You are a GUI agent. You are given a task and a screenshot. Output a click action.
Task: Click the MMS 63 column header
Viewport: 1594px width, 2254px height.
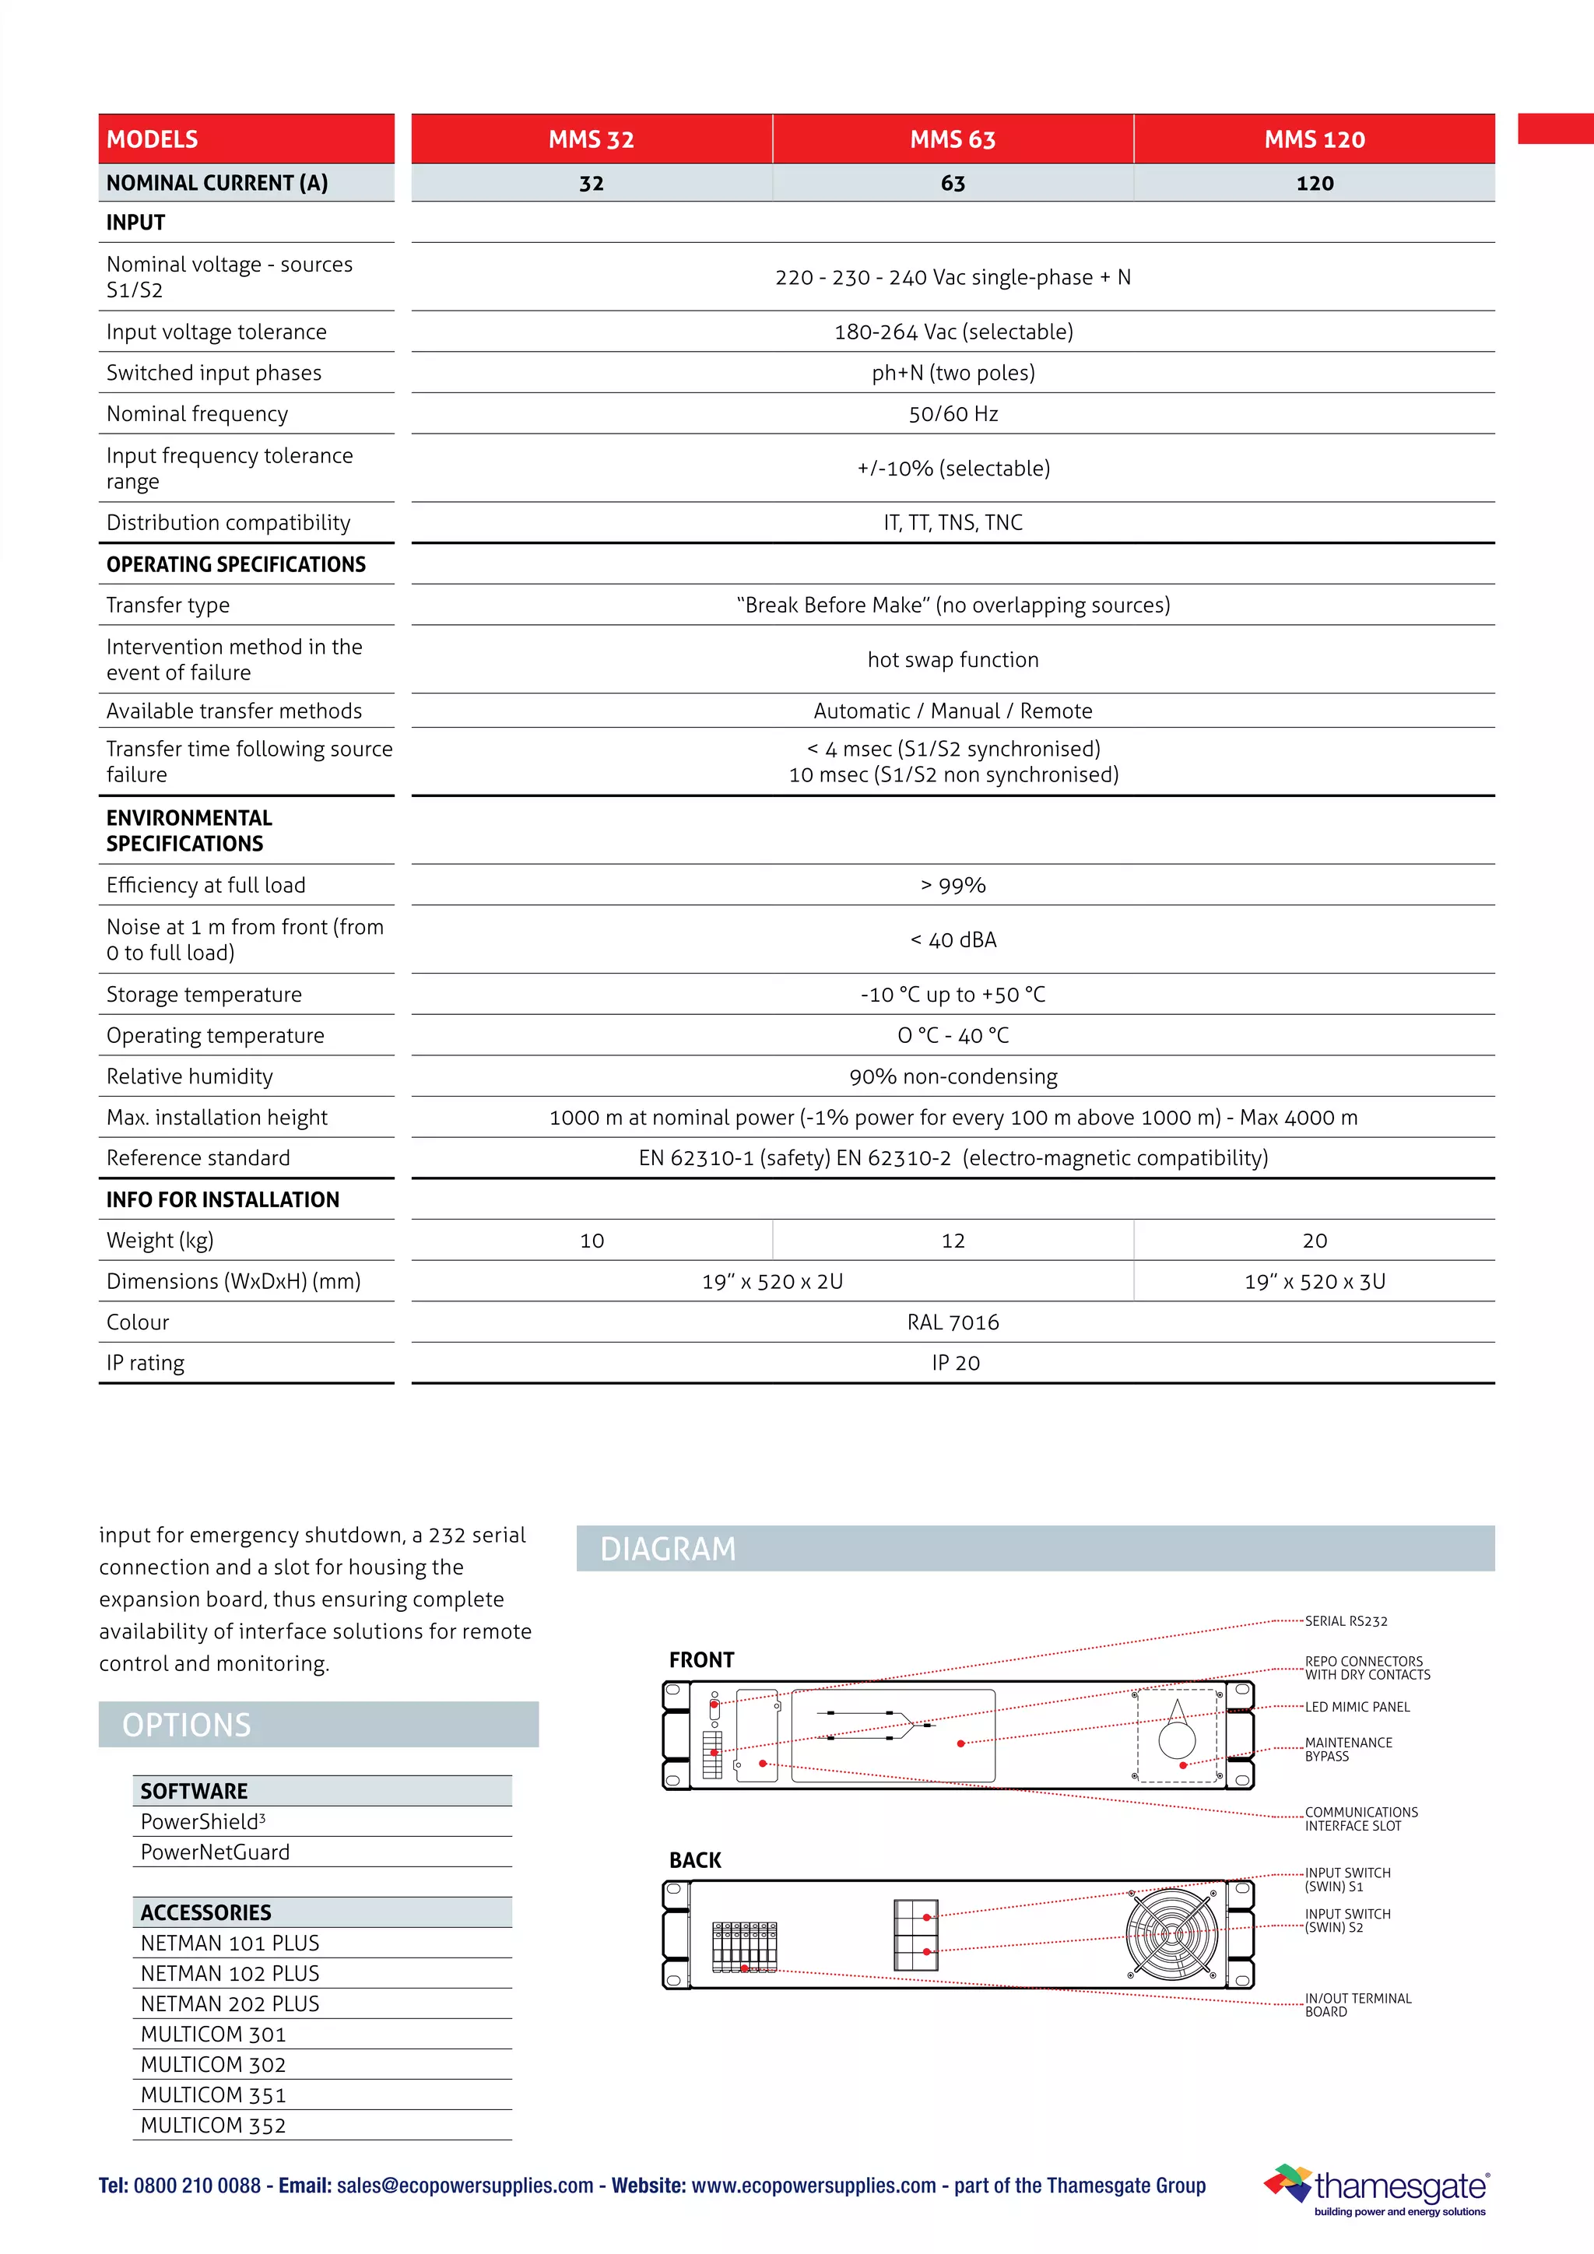coord(952,139)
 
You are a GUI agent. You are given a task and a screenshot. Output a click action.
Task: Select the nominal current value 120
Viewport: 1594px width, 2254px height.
coord(1315,184)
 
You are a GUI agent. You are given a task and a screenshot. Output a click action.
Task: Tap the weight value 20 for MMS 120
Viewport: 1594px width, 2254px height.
coord(1315,1241)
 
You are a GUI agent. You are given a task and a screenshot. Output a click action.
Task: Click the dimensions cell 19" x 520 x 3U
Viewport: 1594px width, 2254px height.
coord(1315,1281)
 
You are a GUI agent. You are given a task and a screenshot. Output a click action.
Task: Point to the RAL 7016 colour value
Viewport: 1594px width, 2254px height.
coord(952,1322)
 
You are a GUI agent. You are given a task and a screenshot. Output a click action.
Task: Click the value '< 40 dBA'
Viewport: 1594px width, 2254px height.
coord(952,939)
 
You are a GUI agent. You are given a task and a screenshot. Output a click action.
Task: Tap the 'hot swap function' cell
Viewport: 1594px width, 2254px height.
coord(952,660)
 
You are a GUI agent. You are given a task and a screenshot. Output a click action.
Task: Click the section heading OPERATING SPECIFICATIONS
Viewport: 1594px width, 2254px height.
coord(236,564)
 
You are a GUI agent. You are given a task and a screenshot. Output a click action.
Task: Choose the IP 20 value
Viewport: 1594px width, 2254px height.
coord(955,1363)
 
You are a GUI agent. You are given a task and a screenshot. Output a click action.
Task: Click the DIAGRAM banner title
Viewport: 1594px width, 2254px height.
coord(668,1549)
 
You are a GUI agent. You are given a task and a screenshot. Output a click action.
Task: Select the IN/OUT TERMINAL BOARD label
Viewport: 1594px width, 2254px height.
coord(1357,2005)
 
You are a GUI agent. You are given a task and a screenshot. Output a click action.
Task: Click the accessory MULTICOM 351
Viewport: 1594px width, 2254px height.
coord(213,2095)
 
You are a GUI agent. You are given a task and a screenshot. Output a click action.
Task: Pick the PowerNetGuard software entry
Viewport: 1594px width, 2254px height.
coord(215,1852)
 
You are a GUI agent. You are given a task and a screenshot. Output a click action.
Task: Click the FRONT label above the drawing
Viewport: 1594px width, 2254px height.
coord(700,1660)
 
